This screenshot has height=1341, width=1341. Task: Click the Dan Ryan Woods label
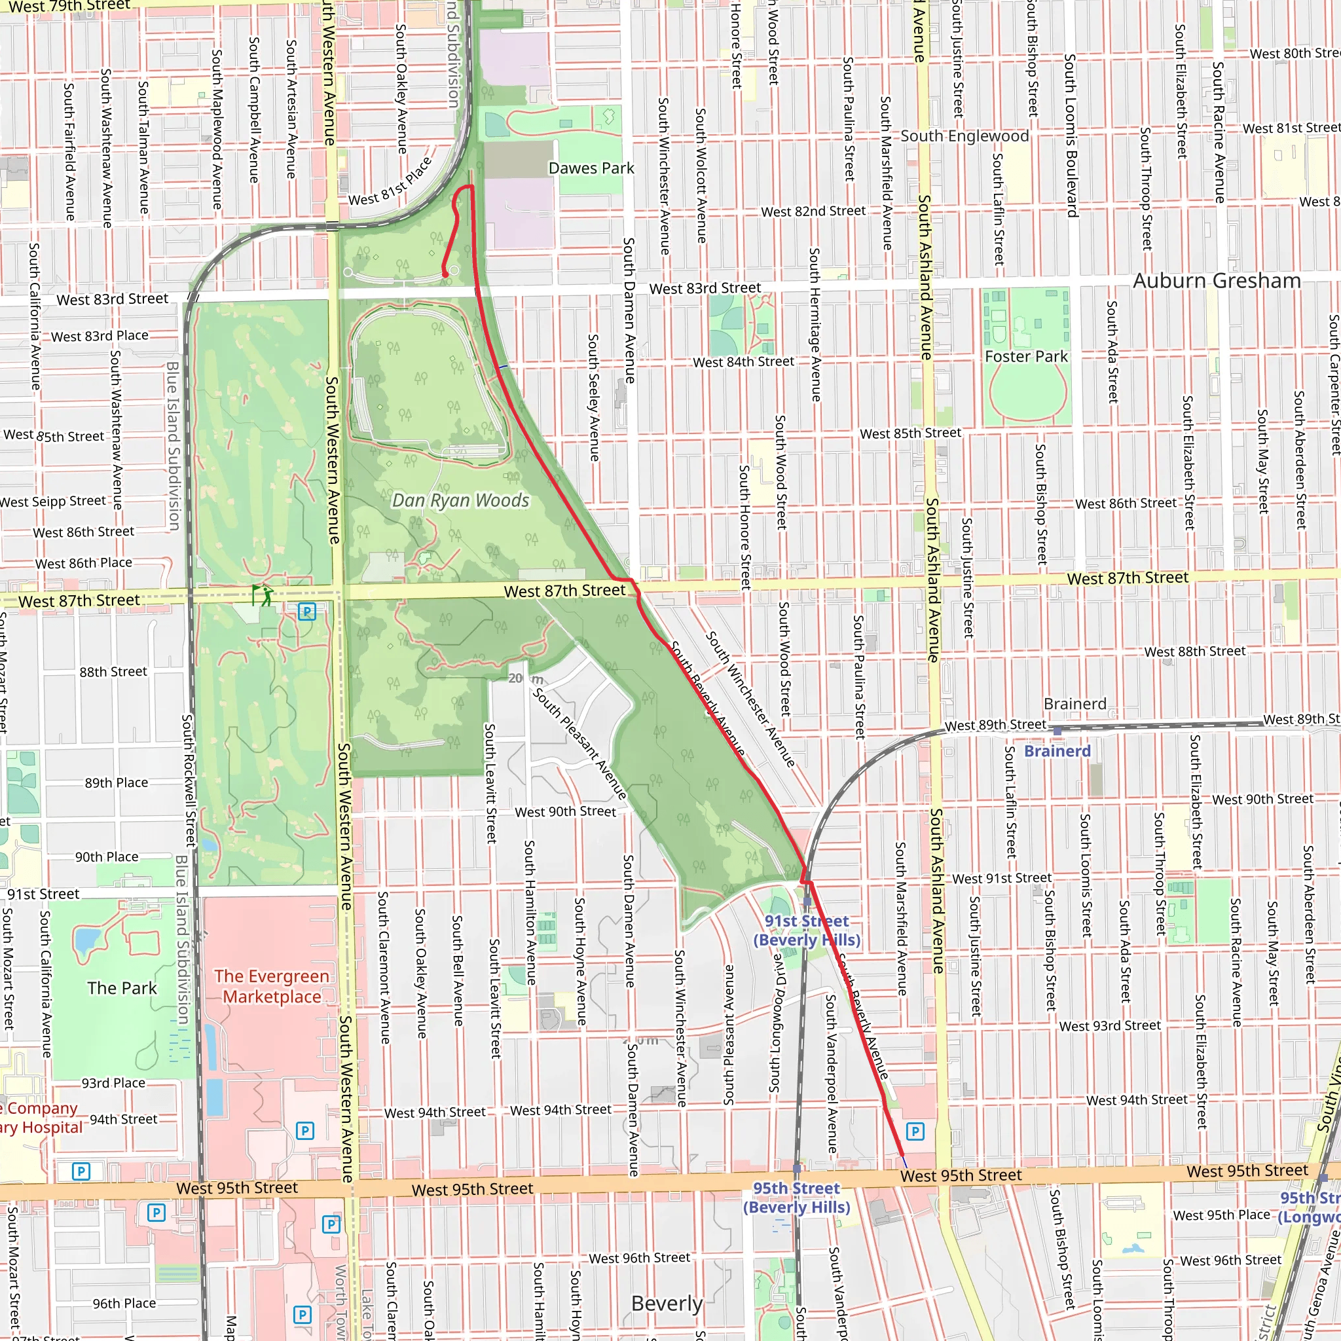click(460, 500)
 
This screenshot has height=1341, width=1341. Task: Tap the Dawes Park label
click(591, 168)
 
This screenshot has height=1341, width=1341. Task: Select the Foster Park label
click(1026, 356)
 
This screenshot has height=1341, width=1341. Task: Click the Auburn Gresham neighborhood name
click(1217, 280)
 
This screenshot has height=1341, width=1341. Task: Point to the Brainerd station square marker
click(1057, 731)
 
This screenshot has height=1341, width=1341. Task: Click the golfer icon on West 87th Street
click(264, 595)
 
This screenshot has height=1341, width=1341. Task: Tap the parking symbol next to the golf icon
click(307, 612)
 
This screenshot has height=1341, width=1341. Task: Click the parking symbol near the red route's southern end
click(915, 1131)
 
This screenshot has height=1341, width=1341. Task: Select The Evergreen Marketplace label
click(271, 986)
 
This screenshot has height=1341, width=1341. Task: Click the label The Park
click(122, 987)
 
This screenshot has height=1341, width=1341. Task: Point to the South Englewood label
click(964, 136)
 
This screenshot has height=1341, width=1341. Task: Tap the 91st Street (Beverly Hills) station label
click(807, 930)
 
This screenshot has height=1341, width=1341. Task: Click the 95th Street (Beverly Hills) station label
click(796, 1198)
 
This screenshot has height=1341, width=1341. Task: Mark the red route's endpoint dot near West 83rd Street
click(445, 275)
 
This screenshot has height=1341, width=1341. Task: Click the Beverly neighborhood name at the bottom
click(667, 1303)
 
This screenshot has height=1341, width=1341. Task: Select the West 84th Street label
click(743, 361)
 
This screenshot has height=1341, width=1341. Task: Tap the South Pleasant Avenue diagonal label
click(579, 743)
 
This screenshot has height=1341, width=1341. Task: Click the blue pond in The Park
click(87, 940)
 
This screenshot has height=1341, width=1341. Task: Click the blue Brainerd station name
click(1057, 751)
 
